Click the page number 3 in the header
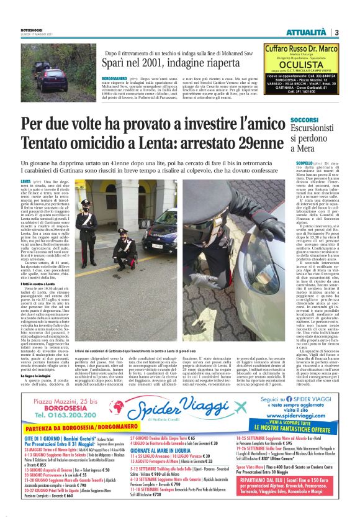[x=336, y=32]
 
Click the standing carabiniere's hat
[x=86, y=202]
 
